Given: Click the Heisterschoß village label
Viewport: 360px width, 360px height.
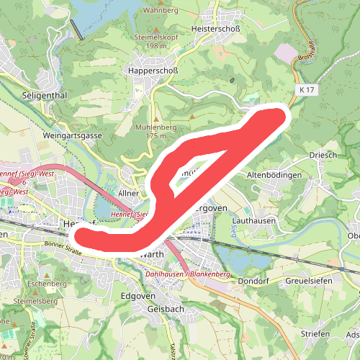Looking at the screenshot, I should coord(220,28).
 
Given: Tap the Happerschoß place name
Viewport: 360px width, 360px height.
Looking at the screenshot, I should coord(152,71).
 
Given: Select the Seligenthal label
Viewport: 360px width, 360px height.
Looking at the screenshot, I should coord(45,95).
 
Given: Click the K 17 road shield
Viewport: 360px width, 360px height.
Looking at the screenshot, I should coord(305,89).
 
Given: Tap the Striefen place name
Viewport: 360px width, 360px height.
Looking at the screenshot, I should coord(315,334).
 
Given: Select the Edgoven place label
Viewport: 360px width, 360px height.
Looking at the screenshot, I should coord(138,296).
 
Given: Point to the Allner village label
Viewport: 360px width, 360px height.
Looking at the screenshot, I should coord(128,194).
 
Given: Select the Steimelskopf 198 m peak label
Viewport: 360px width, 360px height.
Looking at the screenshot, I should coord(155,41).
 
